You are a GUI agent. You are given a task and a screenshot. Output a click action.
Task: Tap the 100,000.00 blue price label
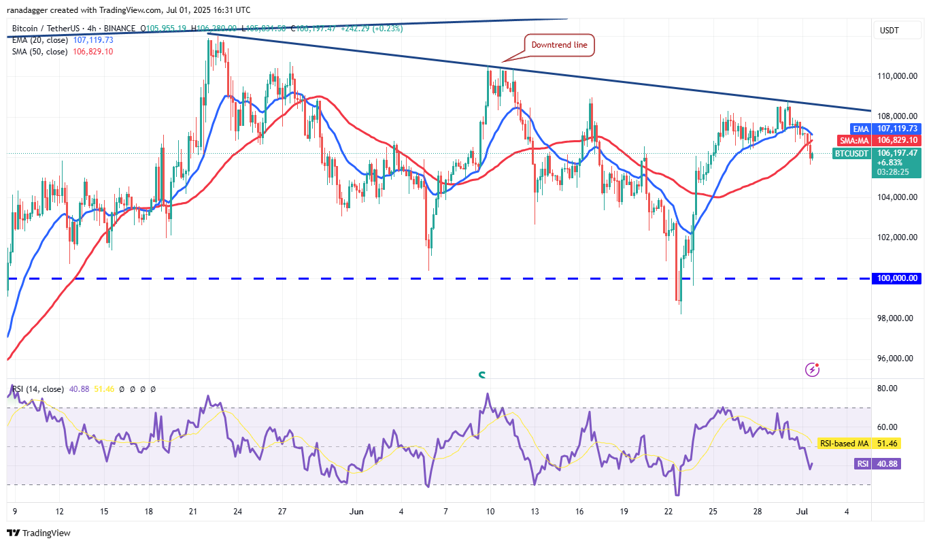tap(897, 278)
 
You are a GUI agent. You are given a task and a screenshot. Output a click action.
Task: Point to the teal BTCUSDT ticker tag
tap(851, 154)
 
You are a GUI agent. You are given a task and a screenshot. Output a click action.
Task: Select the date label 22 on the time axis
tap(668, 511)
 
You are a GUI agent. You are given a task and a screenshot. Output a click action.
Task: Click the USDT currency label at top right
tap(890, 31)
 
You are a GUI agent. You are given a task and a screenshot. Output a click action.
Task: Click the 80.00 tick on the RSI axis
tap(887, 389)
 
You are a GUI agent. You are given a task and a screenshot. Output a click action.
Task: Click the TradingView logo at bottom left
tap(39, 533)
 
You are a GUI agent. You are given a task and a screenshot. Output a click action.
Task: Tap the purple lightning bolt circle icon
tap(812, 369)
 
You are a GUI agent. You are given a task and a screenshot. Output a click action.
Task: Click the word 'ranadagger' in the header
tap(29, 10)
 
